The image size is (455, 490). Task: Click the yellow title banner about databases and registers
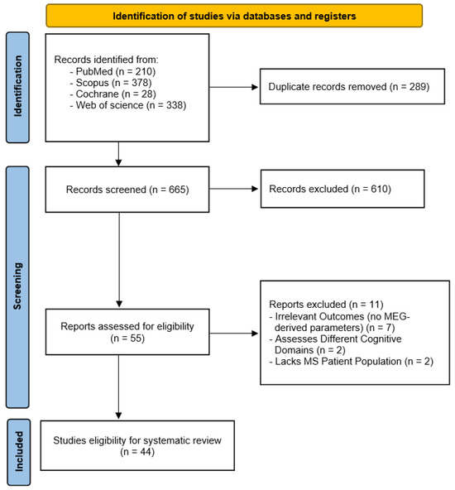click(234, 16)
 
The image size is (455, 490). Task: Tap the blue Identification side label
click(18, 88)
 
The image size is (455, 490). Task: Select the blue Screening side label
click(18, 287)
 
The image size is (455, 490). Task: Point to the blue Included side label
click(19, 452)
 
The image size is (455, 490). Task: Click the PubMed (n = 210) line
click(113, 71)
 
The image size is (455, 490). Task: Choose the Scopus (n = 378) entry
click(111, 83)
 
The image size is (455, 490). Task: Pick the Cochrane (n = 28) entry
click(113, 94)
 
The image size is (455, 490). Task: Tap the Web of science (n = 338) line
click(128, 105)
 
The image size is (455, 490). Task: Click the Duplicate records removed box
click(352, 86)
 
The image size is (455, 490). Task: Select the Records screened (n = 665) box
click(127, 190)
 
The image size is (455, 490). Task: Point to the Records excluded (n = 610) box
click(342, 189)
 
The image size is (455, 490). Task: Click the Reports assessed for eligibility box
click(127, 332)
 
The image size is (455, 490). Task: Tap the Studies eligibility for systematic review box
click(137, 445)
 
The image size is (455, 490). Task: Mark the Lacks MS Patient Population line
click(352, 362)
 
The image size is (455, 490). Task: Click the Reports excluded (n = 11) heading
click(326, 305)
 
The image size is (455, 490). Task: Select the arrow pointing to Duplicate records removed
click(234, 87)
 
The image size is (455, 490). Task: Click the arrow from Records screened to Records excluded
click(234, 189)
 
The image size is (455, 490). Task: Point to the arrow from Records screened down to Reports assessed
click(119, 260)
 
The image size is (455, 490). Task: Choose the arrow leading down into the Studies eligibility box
click(118, 387)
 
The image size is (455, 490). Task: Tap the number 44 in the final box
click(146, 452)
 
